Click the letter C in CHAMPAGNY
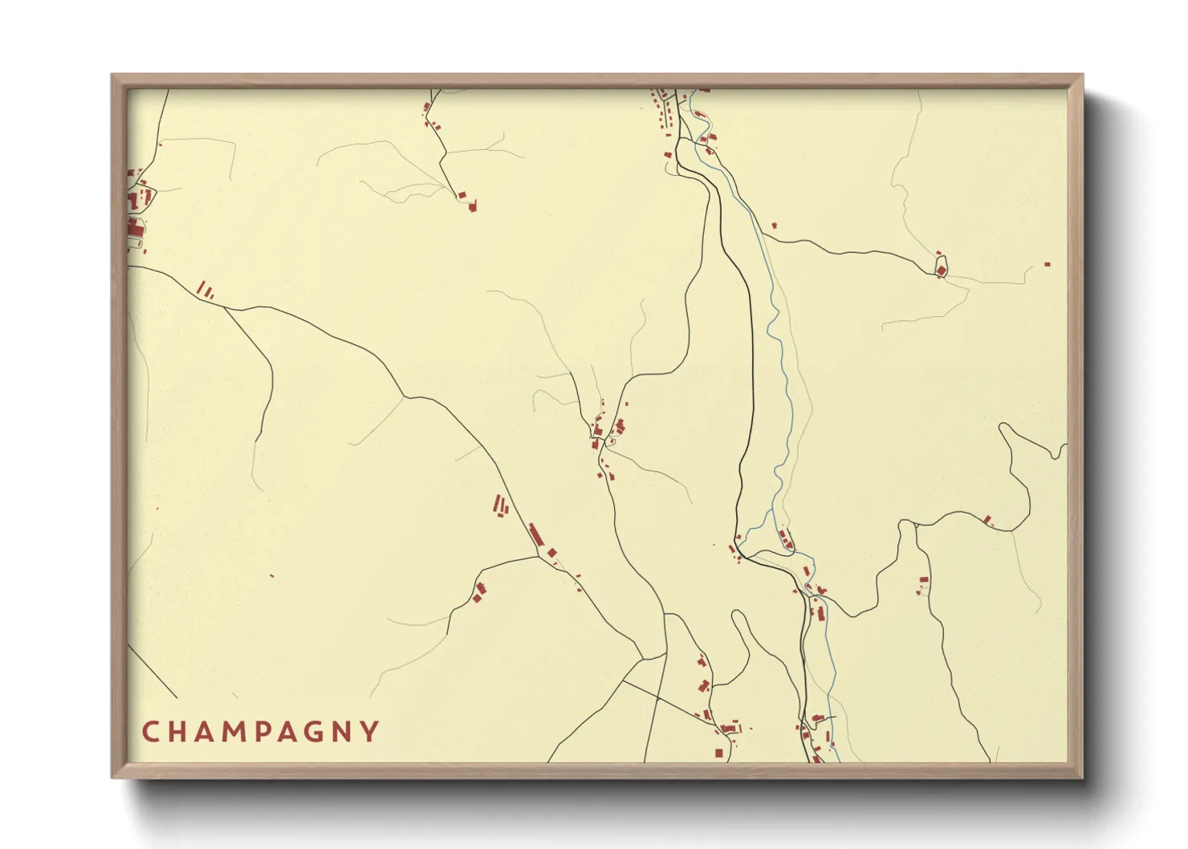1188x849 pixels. point(150,732)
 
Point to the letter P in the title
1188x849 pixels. point(266,732)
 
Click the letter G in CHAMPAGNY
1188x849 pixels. point(317,732)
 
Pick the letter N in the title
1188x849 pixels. point(345,732)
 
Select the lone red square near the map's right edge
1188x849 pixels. point(1047,264)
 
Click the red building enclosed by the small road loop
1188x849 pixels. point(941,270)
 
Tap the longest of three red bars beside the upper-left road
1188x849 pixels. point(201,286)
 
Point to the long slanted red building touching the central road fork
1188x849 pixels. point(535,534)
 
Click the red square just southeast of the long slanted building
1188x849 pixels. point(552,551)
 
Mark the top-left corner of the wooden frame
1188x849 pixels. point(112,75)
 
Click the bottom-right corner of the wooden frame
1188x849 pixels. point(1082,777)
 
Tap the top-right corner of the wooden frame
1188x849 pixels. point(1082,75)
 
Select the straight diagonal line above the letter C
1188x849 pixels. point(153,670)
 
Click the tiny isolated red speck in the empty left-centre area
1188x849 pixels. point(272,575)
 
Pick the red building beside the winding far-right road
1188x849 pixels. point(987,520)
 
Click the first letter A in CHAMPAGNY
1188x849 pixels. point(206,732)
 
